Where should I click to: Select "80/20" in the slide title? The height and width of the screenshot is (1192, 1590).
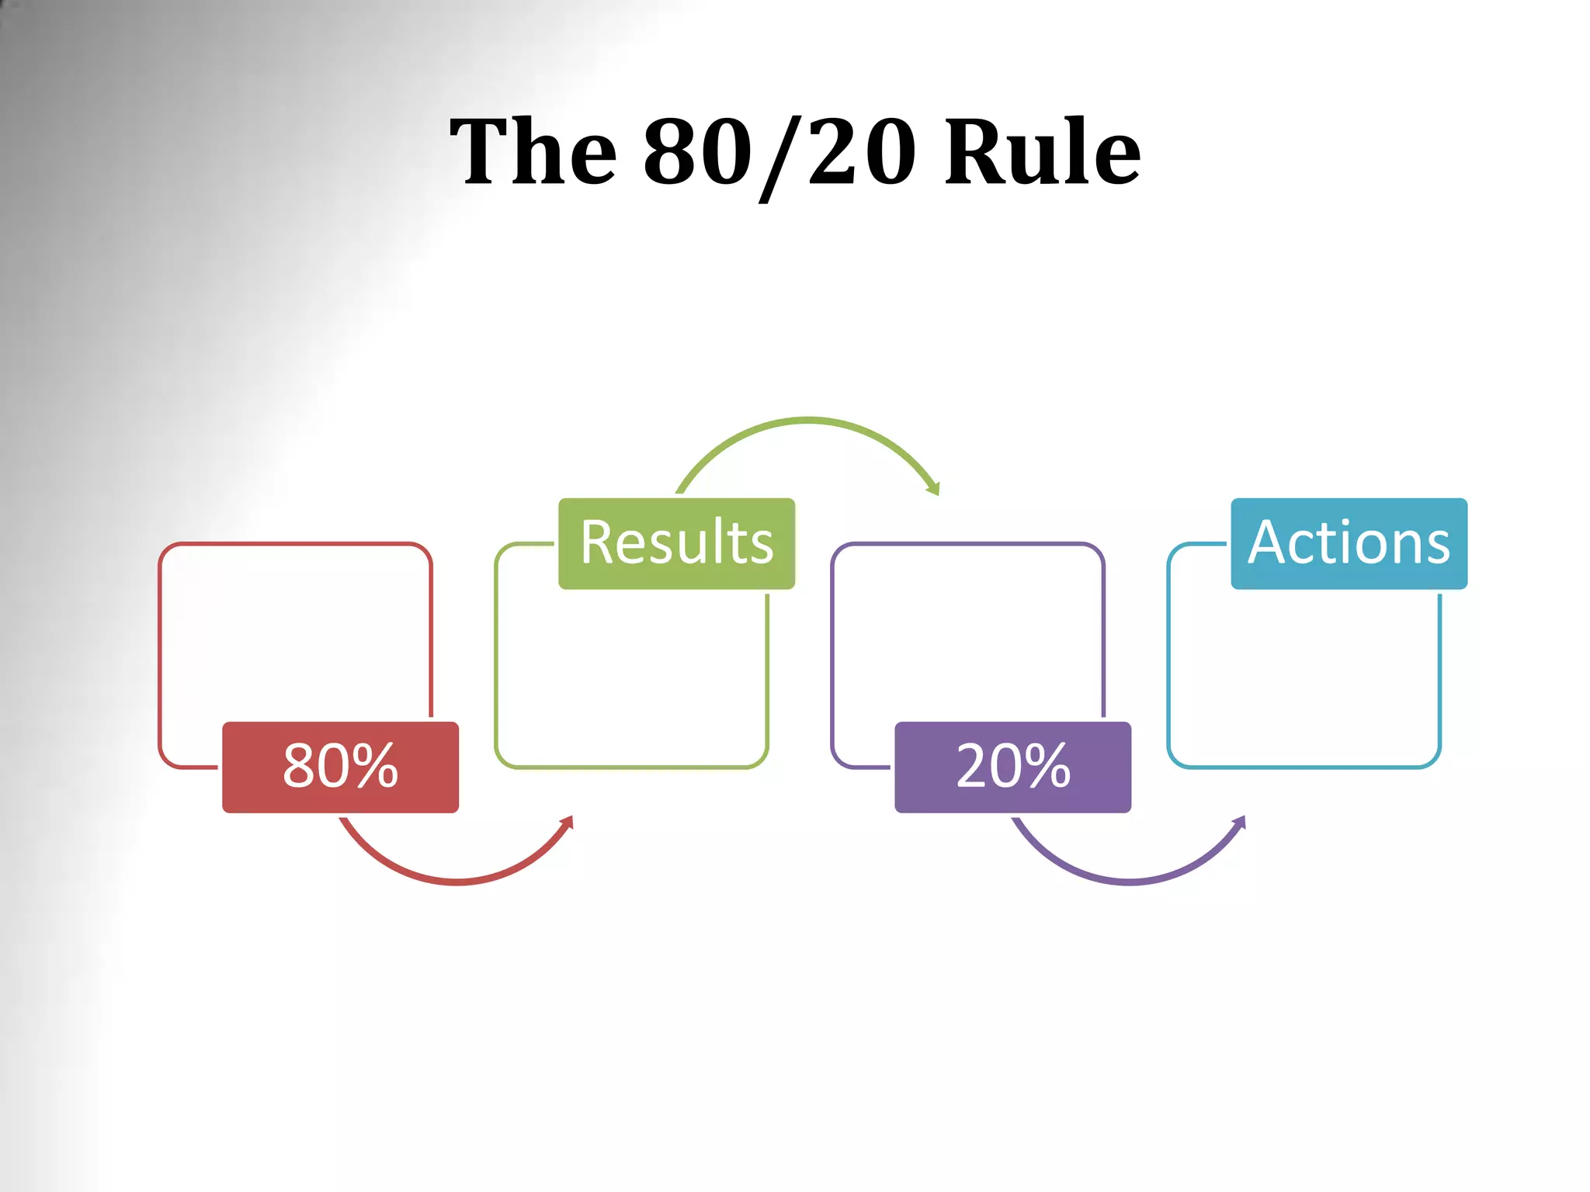pos(779,152)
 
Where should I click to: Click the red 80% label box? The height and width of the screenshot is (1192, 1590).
pos(340,767)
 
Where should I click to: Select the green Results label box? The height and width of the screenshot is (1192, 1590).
pos(676,543)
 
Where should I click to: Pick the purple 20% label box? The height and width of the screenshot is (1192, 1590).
pos(1012,767)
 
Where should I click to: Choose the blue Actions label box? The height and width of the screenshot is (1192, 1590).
pos(1349,543)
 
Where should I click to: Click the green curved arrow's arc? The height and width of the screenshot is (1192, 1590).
pos(807,421)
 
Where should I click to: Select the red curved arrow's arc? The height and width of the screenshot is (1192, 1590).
pos(458,882)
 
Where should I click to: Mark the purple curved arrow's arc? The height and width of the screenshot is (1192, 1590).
pos(1130,882)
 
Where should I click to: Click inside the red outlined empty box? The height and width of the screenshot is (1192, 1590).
pos(295,629)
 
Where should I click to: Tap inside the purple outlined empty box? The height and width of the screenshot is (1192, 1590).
pos(967,629)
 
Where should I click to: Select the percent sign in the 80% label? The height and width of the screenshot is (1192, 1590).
pos(373,767)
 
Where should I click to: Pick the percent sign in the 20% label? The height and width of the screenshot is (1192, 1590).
pos(1046,767)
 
